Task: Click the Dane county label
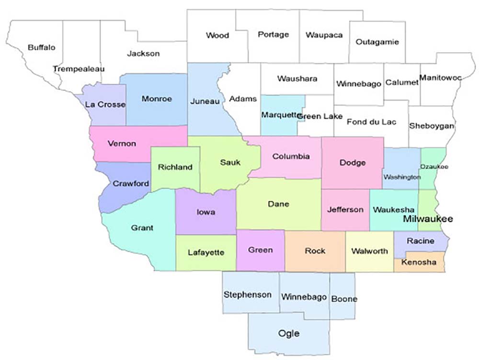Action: click(278, 204)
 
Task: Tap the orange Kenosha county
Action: click(419, 263)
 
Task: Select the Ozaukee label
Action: click(434, 166)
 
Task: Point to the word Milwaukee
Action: click(428, 219)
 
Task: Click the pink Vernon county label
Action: click(122, 144)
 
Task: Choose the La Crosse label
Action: click(105, 104)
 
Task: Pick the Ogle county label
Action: click(289, 333)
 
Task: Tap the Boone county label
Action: click(344, 299)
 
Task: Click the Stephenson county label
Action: click(248, 294)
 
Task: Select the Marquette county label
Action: click(279, 115)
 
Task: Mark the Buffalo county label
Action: click(42, 47)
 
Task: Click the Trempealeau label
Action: click(79, 69)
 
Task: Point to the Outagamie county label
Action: click(377, 42)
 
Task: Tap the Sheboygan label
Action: click(432, 126)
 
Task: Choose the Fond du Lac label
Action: click(371, 122)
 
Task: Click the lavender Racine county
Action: click(420, 241)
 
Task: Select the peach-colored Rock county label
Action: click(315, 250)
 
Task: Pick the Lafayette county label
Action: click(206, 252)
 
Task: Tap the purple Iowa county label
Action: click(205, 212)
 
